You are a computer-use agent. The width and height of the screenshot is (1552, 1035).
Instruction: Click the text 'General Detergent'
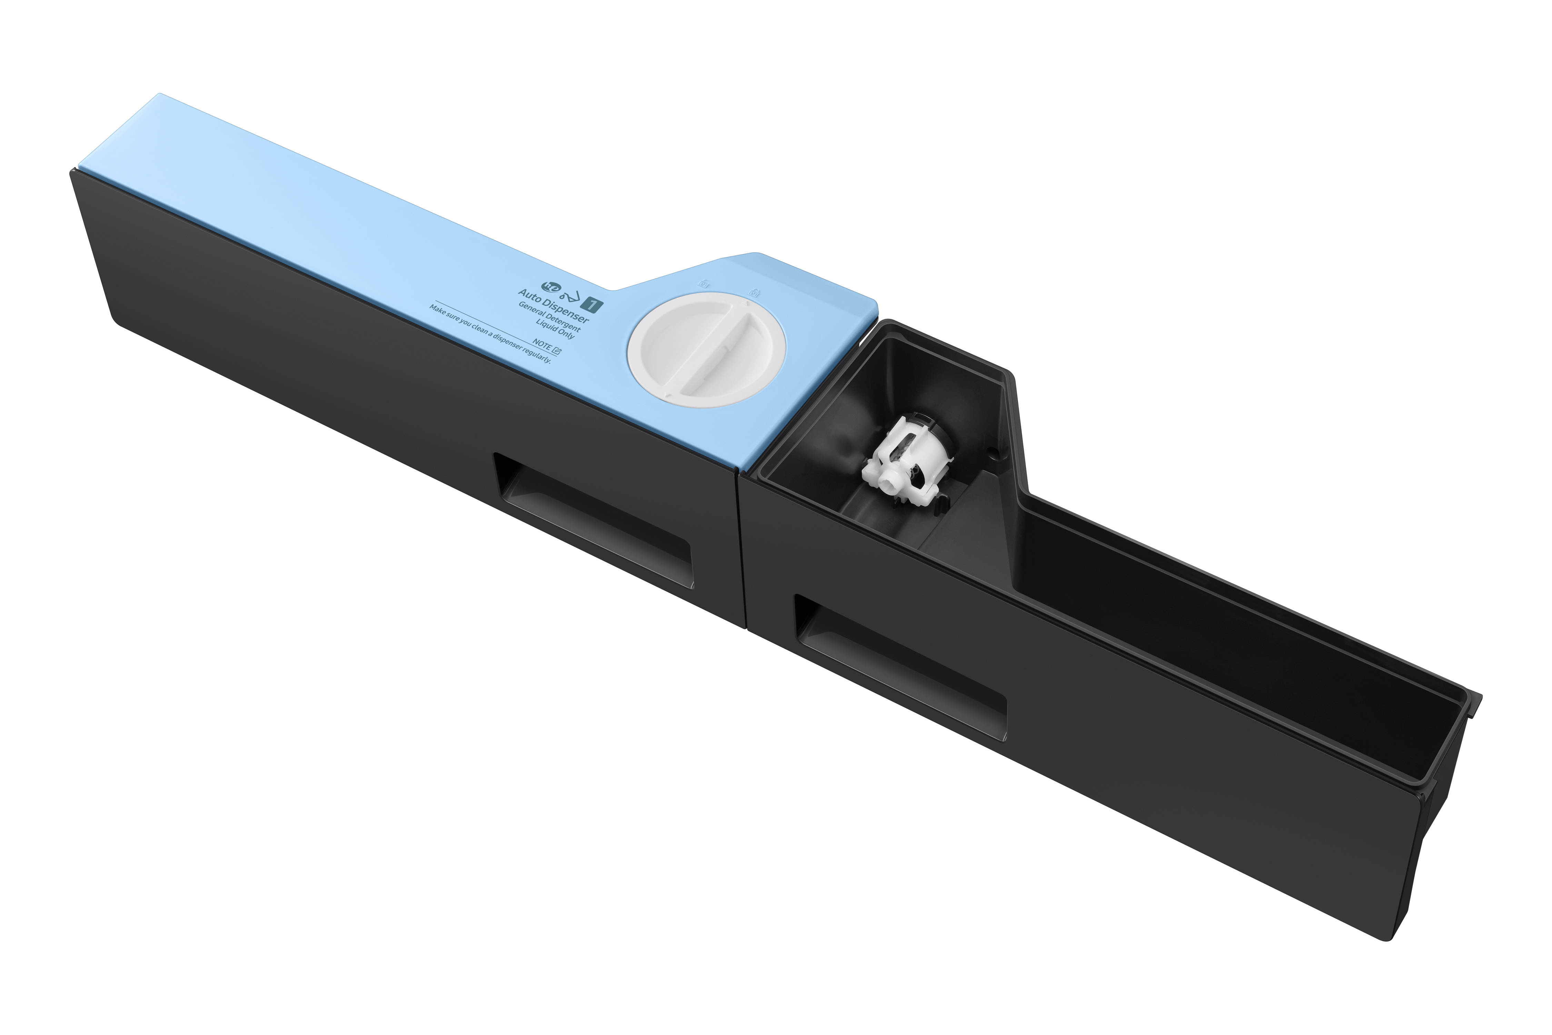coord(549,317)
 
